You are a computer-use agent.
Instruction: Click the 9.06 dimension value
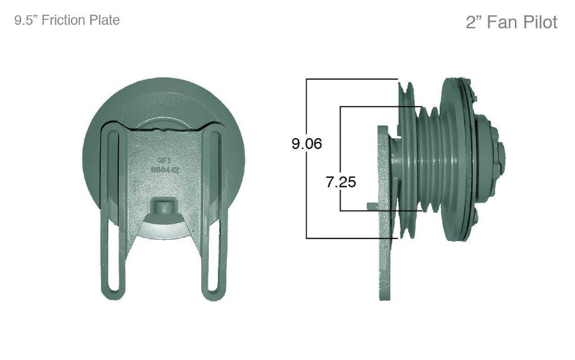[x=307, y=144]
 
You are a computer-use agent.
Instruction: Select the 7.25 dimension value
[x=341, y=182]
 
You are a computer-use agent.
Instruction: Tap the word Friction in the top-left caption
[x=63, y=20]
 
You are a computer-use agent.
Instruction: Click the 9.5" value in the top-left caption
[x=26, y=20]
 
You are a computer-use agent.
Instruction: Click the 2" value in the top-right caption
[x=474, y=22]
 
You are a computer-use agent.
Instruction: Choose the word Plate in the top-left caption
[x=102, y=20]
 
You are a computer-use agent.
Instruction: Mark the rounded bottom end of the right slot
[x=213, y=291]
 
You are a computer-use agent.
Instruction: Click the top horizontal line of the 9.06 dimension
[x=351, y=79]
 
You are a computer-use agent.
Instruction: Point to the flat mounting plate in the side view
[x=385, y=211]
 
